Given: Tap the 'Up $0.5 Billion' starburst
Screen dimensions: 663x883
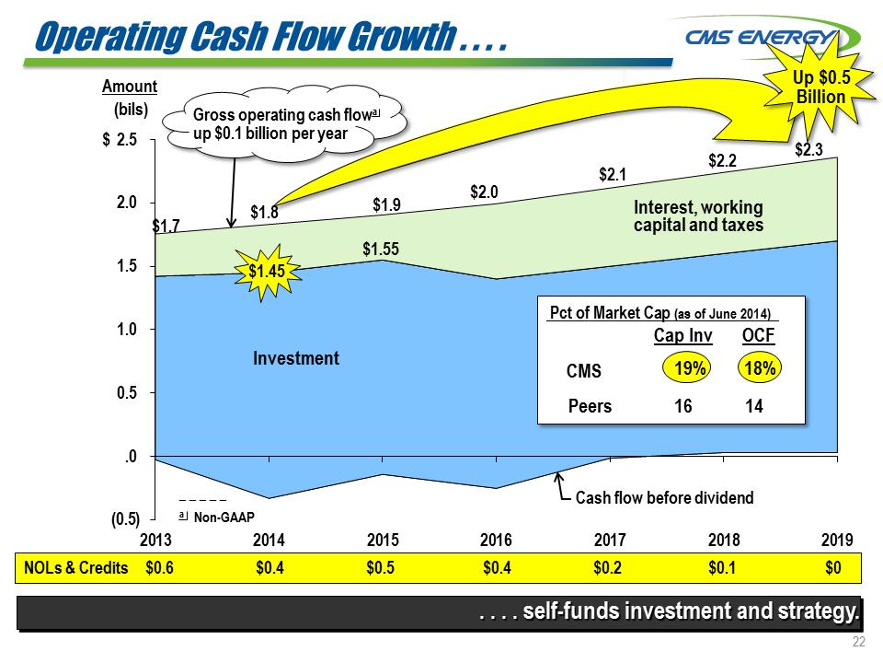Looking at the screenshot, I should coord(819,88).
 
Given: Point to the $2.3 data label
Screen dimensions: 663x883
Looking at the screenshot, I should coord(809,147).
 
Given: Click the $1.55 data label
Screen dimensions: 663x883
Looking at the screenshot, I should coord(380,249).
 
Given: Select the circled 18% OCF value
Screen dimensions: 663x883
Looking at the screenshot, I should coord(760,368).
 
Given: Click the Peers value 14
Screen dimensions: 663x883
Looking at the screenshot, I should coord(754,405).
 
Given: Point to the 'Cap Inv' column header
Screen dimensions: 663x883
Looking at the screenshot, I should coord(682,337).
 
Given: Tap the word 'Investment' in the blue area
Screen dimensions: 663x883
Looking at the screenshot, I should coord(296,358).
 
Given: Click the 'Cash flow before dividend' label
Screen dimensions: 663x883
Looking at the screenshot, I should coord(663,498).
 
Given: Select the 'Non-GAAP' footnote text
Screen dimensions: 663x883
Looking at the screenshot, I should coord(224,518).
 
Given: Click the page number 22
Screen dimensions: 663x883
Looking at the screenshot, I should coord(859,642).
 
